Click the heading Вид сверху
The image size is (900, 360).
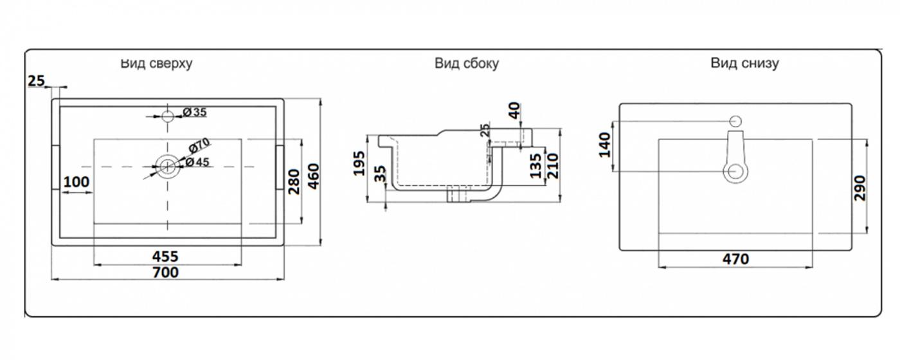point(157,64)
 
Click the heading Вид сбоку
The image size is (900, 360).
point(467,64)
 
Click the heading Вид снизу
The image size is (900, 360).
point(744,63)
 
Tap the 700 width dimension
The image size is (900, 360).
point(166,273)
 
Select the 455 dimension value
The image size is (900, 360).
point(165,256)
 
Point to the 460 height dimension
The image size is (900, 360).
point(313,176)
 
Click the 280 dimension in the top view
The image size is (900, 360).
point(294,181)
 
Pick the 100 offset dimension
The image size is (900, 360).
point(76,182)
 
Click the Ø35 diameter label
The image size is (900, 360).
point(194,112)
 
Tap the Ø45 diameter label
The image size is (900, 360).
point(198,162)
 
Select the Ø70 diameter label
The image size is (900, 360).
point(199,145)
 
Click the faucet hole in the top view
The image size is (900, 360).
point(168,116)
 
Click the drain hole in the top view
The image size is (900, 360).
point(168,166)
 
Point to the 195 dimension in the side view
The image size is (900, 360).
point(359,163)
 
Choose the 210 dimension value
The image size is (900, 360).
point(552,166)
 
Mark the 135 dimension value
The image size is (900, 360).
point(535,166)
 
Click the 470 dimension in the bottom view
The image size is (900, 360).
point(735,258)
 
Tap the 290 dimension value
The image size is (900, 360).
point(860,188)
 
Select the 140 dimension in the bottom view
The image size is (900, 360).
point(604,145)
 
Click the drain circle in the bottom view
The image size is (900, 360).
point(735,172)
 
